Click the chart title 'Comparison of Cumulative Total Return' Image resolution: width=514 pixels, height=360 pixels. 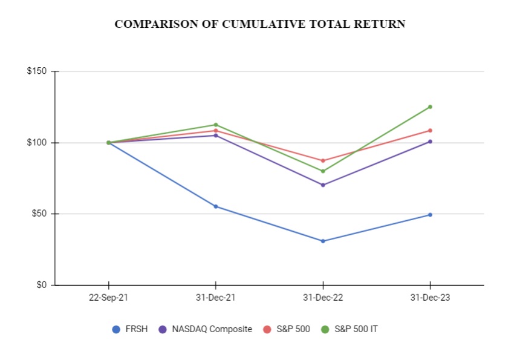pos(259,24)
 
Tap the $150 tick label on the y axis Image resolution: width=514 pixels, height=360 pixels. pos(37,71)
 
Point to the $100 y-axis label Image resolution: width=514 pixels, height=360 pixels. pos(37,143)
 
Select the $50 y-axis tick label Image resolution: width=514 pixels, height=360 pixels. pos(39,214)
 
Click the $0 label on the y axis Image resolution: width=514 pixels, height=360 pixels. pos(42,285)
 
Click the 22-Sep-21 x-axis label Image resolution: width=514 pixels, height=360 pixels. pos(108,298)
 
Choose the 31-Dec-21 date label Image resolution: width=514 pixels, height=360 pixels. pos(215,298)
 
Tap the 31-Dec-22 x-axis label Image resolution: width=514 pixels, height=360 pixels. pos(323,298)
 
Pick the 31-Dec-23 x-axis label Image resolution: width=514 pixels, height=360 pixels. pos(430,298)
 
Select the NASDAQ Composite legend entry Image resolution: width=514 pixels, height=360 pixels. pos(206,329)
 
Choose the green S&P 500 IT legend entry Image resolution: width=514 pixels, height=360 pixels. pos(353,329)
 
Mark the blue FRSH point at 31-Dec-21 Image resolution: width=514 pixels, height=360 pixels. pos(216,206)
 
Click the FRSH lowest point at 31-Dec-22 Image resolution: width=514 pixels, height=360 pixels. pos(323,241)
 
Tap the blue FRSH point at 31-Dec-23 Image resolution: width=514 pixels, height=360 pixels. pos(430,215)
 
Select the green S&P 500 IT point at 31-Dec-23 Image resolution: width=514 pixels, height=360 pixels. pos(430,106)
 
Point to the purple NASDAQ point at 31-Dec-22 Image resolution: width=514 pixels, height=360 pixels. pos(323,185)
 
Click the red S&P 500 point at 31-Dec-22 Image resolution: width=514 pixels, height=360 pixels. pos(323,161)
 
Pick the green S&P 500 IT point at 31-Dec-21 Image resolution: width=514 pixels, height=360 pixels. pos(216,125)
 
